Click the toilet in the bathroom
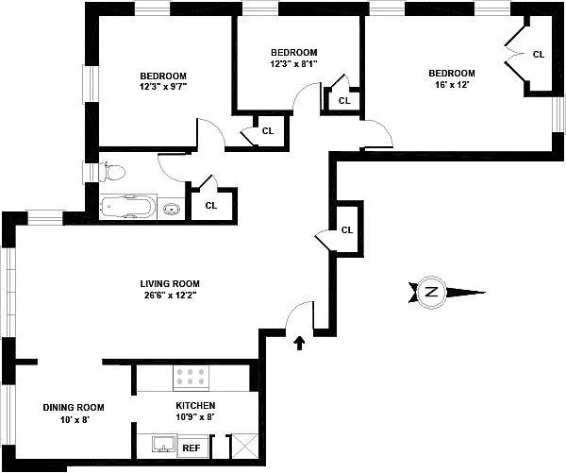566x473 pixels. pos(113,172)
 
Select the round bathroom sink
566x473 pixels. pos(172,209)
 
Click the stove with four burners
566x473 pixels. pos(191,378)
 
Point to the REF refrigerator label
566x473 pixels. pos(191,448)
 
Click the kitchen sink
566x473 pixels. pos(159,446)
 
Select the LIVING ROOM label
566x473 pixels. pos(170,283)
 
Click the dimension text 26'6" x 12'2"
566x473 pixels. pos(170,295)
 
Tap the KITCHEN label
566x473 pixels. pos(195,405)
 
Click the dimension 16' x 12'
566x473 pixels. pos(451,85)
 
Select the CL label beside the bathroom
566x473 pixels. pos(211,204)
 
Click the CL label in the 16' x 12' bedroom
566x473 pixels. pos(538,54)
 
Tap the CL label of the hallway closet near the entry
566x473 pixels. pos(346,229)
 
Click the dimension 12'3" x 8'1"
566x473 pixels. pos(294,64)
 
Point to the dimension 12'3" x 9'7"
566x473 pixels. pos(163,88)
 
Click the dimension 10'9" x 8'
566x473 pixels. pos(195,416)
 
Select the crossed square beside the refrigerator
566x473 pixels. pos(242,447)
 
